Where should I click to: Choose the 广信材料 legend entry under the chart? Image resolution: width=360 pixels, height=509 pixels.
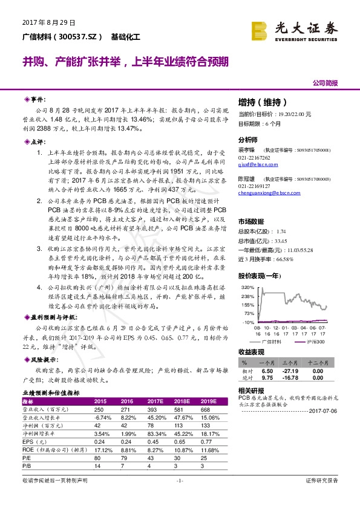pyautogui.click(x=272, y=342)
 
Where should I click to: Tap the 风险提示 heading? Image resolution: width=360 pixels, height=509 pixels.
pyautogui.click(x=42, y=358)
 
